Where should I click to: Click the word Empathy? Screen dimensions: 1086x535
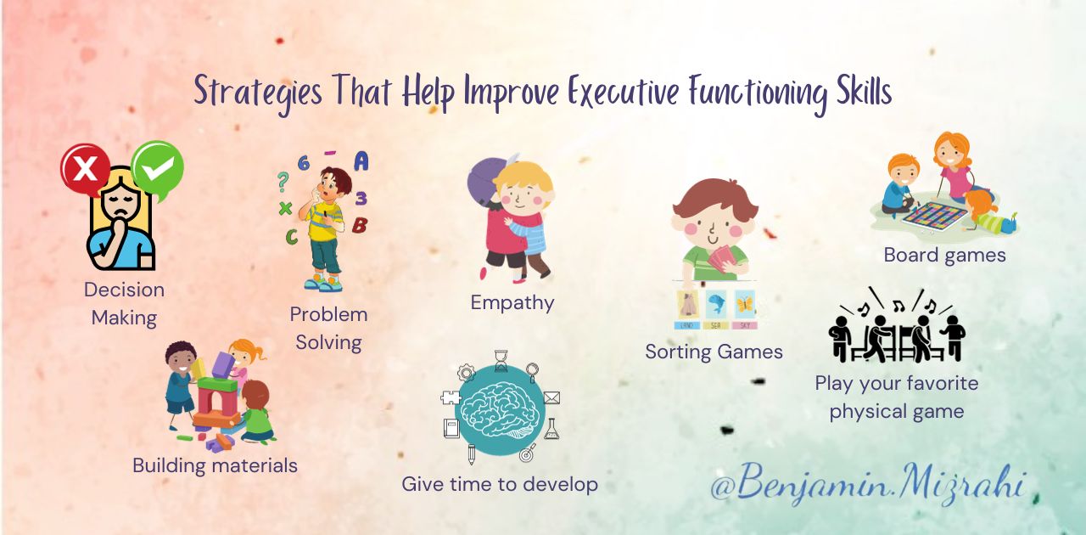pos(512,303)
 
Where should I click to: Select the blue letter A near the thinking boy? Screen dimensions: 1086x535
pos(361,161)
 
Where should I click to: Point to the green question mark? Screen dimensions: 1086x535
pos(283,182)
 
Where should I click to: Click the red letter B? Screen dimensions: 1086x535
pos(360,225)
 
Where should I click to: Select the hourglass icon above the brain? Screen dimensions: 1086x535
pos(501,361)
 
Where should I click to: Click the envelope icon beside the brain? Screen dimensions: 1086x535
pos(551,398)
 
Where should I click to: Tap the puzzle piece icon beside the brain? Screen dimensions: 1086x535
pos(451,398)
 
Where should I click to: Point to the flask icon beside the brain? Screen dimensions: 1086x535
pos(551,429)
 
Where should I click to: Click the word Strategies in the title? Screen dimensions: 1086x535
pos(258,93)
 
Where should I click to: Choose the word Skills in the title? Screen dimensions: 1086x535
pos(864,90)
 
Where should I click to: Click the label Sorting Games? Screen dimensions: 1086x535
pos(714,352)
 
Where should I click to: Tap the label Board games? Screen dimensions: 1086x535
pos(944,256)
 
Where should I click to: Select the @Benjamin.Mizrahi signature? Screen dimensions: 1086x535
pos(868,483)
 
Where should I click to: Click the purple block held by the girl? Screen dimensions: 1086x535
pos(223,365)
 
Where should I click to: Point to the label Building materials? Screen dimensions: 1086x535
pos(215,465)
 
